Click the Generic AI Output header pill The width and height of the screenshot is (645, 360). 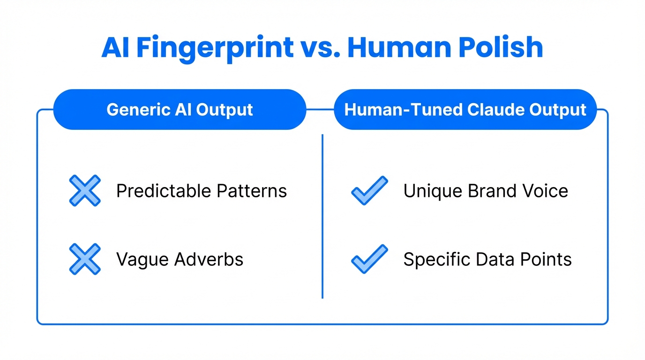(180, 110)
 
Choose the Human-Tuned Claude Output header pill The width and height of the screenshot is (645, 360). (465, 110)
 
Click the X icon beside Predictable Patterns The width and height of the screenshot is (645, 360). (85, 191)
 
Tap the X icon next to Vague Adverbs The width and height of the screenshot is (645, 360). (85, 259)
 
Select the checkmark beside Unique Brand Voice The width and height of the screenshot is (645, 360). (369, 191)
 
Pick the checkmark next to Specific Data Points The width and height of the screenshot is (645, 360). (369, 259)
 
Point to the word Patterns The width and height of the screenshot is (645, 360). (252, 191)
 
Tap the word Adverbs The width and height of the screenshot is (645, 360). (210, 259)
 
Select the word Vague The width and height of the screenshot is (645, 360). (143, 259)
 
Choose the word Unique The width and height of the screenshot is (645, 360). (431, 191)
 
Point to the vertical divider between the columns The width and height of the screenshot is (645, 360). (322, 216)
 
